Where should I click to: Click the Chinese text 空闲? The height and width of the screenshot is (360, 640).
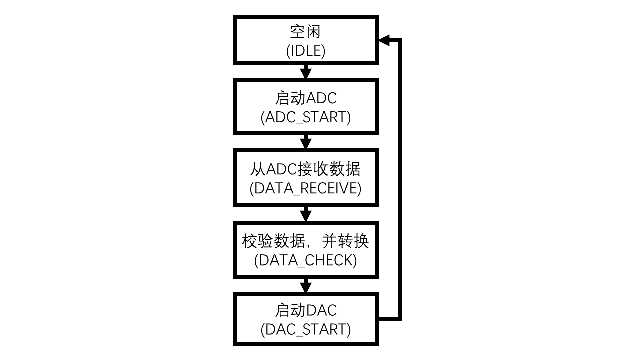coord(305,32)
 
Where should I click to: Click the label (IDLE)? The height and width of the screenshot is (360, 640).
coord(305,51)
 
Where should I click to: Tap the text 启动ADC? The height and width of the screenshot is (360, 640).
coord(305,98)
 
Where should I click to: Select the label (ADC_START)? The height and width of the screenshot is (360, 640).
coord(305,117)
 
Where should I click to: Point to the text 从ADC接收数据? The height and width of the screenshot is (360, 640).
coord(305,169)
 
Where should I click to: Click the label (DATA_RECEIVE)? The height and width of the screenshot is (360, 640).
coord(305,188)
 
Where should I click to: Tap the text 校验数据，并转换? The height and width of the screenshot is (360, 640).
coord(305,241)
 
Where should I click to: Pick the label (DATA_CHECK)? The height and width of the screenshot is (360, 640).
coord(305,260)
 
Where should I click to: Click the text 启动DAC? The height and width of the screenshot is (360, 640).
coord(305,310)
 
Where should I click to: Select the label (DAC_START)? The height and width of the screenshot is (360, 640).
coord(305,329)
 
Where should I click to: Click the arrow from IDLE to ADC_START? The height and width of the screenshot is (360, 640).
coord(305,72)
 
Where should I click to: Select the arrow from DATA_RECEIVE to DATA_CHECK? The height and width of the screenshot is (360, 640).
coord(305,214)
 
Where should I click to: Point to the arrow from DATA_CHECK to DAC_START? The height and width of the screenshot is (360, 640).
coord(305,286)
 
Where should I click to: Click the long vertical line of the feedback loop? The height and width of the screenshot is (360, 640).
coord(399,180)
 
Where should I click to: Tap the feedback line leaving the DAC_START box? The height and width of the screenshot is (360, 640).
coord(389,318)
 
